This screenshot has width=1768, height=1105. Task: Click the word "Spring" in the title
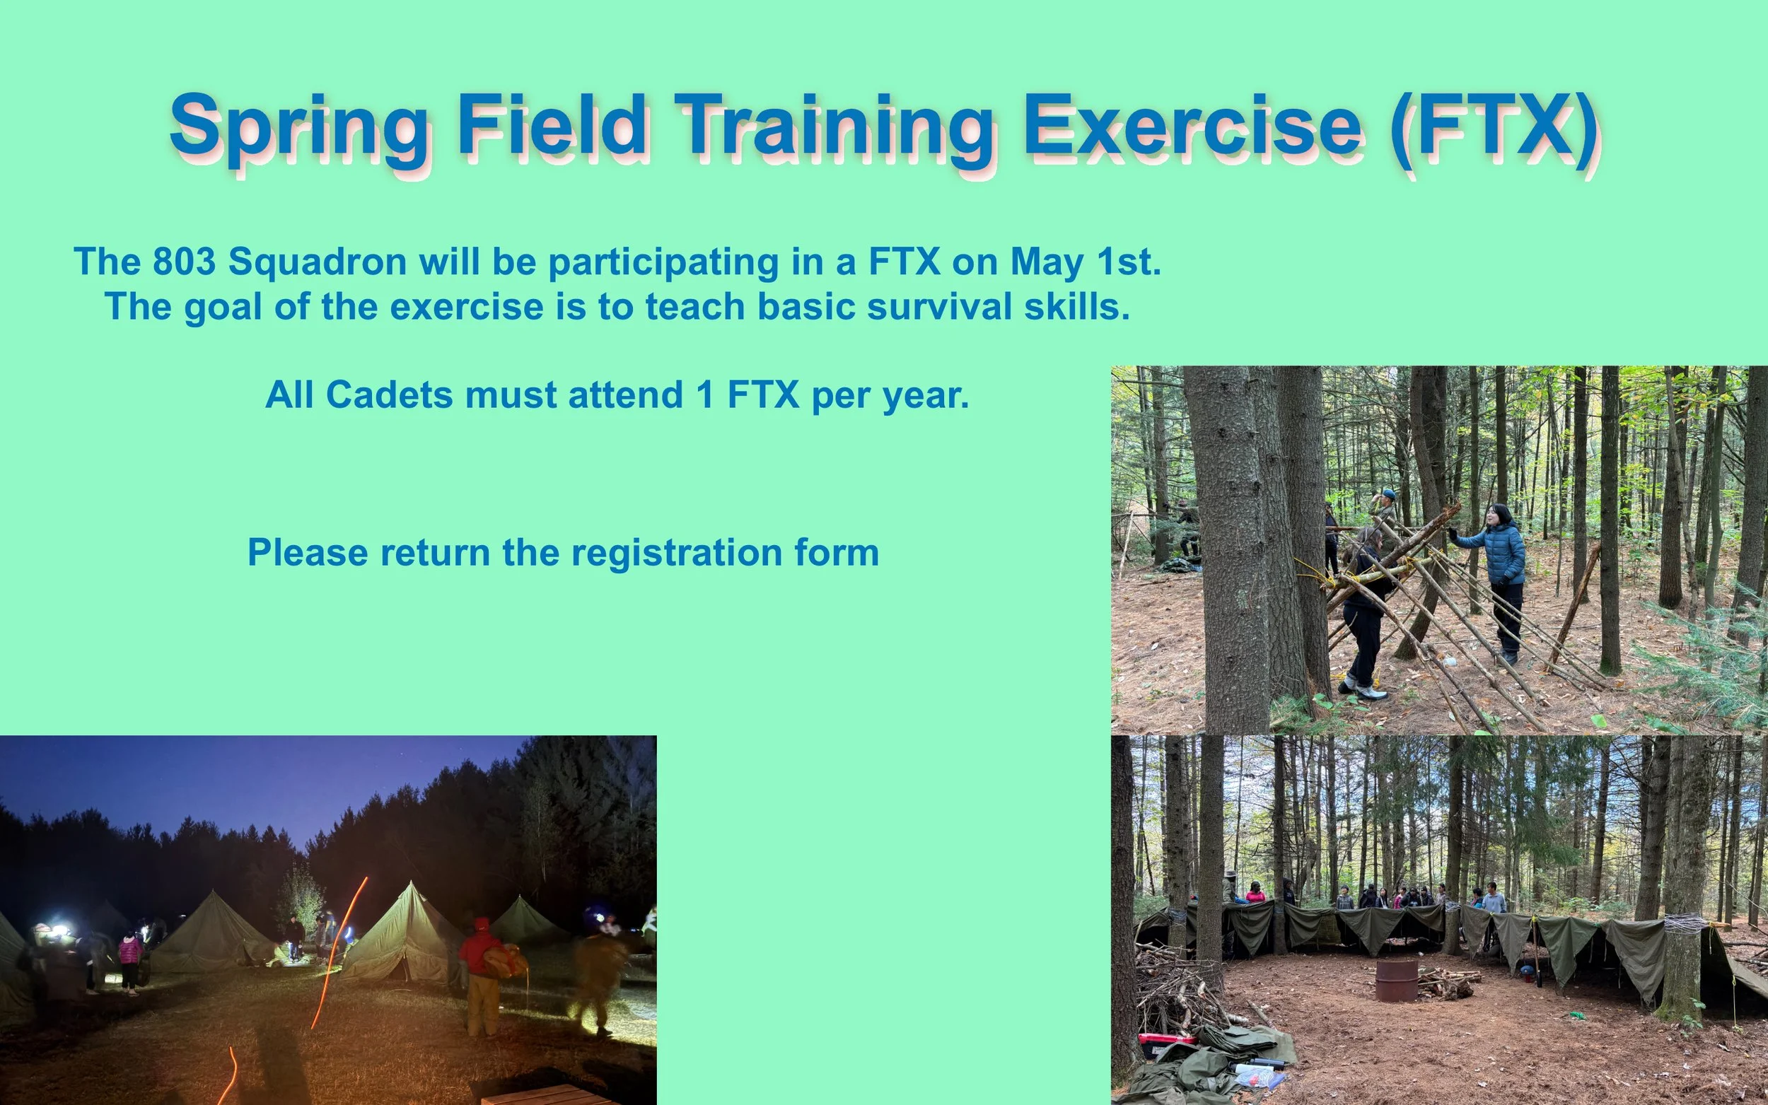(301, 129)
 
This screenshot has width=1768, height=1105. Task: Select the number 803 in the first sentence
(184, 261)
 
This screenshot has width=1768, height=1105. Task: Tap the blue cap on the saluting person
(1388, 494)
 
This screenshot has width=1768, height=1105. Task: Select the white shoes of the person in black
(1363, 689)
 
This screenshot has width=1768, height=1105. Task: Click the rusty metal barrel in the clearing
(1397, 979)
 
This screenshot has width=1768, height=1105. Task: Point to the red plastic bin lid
(1166, 1039)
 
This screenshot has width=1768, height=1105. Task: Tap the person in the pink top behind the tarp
(1255, 892)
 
